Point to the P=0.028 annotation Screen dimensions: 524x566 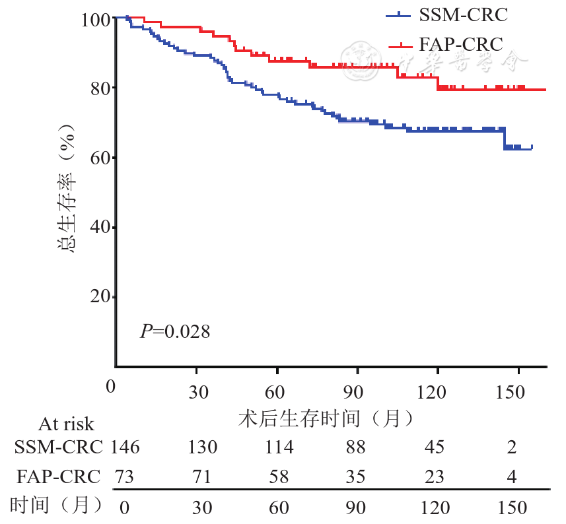click(175, 331)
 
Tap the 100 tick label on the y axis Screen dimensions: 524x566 click(95, 20)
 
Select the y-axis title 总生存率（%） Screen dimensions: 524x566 click(66, 191)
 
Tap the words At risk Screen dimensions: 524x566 click(66, 424)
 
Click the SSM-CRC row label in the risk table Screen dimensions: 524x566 click(59, 447)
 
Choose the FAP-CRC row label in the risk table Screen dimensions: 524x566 click(59, 476)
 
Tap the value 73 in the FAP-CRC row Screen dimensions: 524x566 click(124, 476)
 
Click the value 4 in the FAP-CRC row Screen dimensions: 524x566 click(512, 476)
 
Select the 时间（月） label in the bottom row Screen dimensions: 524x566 click(57, 506)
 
